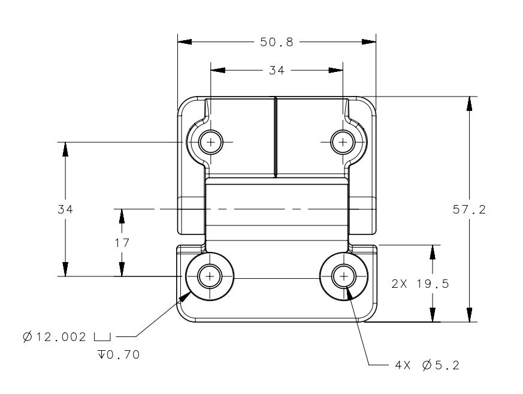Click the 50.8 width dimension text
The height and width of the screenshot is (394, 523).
tap(277, 42)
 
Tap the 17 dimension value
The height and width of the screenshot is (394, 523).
tap(122, 243)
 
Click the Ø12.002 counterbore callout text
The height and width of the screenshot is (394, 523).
tap(55, 336)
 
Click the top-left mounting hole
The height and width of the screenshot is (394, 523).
tap(210, 142)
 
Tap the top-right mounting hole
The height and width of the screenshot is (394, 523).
tap(342, 142)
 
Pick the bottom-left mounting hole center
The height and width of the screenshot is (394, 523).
tap(210, 276)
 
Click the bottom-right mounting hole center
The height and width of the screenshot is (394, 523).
tap(343, 276)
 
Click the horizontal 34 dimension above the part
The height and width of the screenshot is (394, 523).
tap(276, 70)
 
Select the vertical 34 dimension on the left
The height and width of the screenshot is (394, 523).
tap(65, 209)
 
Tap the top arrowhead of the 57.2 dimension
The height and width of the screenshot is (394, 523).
tap(469, 103)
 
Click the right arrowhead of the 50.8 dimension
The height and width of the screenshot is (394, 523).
tap(369, 42)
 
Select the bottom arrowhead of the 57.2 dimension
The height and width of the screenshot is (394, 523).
tap(469, 315)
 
